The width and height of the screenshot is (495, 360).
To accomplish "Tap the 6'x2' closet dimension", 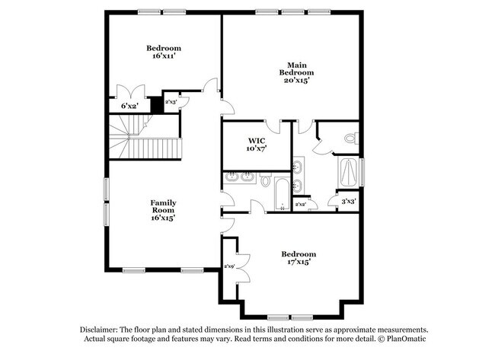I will [129, 106].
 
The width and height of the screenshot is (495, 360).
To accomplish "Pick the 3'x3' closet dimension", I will [350, 201].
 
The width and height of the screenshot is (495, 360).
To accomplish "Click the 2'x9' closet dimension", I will [228, 266].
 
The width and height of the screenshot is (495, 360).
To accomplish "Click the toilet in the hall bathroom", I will [266, 180].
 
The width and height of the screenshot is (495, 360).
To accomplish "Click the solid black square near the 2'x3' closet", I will [156, 105].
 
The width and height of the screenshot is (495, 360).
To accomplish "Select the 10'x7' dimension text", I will [257, 148].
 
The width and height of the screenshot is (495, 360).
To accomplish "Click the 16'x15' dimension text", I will [164, 217].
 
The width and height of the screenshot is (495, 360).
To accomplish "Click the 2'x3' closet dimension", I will [171, 100].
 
